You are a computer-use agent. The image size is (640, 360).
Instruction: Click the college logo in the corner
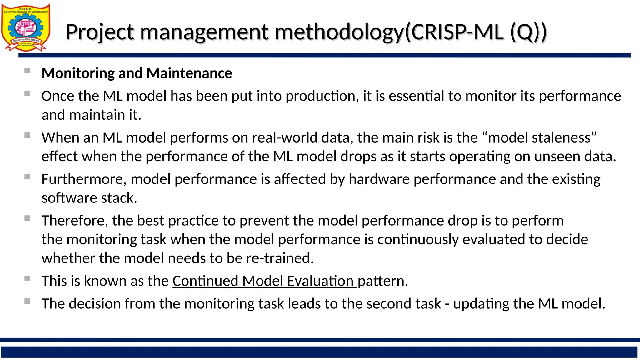(26, 27)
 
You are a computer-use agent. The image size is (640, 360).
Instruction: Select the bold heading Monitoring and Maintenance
(137, 73)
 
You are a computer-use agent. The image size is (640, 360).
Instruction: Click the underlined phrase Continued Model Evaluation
(264, 281)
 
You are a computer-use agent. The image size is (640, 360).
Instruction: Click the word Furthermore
(84, 179)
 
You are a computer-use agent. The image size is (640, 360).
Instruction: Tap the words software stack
(89, 198)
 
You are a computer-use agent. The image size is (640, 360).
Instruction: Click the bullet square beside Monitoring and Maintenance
(27, 71)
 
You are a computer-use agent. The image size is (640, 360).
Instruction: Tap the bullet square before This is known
(27, 278)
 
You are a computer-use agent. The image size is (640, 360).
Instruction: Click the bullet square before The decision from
(27, 301)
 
